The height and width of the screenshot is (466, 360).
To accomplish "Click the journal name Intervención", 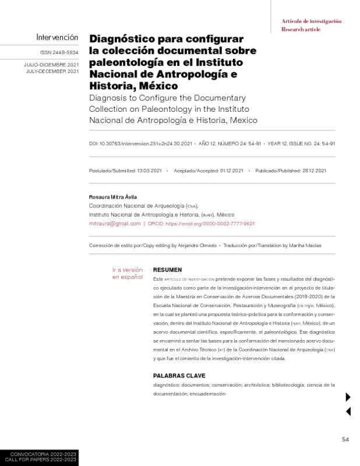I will point(57,37).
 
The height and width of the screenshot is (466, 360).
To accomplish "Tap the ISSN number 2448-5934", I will point(63,52).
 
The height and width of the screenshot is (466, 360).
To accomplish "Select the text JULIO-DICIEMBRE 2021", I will point(52,64).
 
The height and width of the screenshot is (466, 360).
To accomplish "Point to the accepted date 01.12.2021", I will point(232,171).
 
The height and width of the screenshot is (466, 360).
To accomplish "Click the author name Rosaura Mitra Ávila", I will point(112,197).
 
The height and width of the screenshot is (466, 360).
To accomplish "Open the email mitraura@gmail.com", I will point(114,223).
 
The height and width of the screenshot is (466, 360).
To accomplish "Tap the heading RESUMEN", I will point(167,270).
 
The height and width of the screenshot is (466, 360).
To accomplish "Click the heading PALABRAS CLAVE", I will point(179,376).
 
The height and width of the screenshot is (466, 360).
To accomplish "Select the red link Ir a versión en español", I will point(128,273).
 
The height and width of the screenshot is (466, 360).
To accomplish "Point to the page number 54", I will point(345,439).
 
